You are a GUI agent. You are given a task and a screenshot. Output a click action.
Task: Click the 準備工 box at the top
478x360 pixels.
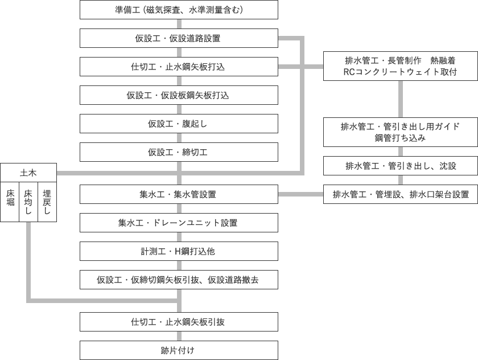click(179, 10)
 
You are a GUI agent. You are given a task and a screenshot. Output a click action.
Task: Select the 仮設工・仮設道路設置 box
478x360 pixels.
click(179, 38)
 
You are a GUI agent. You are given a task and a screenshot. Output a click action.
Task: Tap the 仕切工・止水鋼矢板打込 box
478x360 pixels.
click(179, 67)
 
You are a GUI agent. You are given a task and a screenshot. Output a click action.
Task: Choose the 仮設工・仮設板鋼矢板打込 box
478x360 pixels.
click(179, 95)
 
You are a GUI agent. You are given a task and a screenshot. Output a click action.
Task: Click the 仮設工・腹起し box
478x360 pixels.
click(179, 124)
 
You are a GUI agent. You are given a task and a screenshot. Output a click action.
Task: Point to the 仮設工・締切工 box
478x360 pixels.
click(179, 152)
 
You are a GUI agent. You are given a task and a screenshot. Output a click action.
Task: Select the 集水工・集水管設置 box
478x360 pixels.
click(179, 194)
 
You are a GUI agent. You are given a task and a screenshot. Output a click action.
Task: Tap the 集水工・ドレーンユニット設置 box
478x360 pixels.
click(179, 223)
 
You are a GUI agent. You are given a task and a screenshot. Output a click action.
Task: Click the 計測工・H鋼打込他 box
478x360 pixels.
click(179, 251)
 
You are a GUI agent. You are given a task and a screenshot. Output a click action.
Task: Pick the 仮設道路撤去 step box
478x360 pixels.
click(179, 280)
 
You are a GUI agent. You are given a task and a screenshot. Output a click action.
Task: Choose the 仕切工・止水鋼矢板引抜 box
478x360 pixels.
click(179, 322)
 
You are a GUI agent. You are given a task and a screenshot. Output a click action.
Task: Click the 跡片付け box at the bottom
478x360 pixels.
click(179, 350)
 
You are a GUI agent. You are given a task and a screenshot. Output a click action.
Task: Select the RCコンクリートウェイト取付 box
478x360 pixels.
click(400, 66)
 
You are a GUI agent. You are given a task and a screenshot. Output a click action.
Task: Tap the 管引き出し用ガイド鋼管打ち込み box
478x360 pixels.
click(400, 132)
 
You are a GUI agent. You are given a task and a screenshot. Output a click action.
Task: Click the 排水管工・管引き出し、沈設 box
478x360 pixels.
click(400, 166)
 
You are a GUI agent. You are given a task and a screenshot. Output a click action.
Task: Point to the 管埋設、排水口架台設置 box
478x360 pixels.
click(400, 194)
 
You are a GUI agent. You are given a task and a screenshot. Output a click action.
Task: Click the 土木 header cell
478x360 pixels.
click(28, 173)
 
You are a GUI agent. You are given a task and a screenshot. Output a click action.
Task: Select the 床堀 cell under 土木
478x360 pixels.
click(10, 202)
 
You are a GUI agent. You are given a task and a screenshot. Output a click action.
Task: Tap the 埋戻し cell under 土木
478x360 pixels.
click(47, 202)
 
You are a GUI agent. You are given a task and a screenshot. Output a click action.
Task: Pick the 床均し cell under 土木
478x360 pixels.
click(28, 202)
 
